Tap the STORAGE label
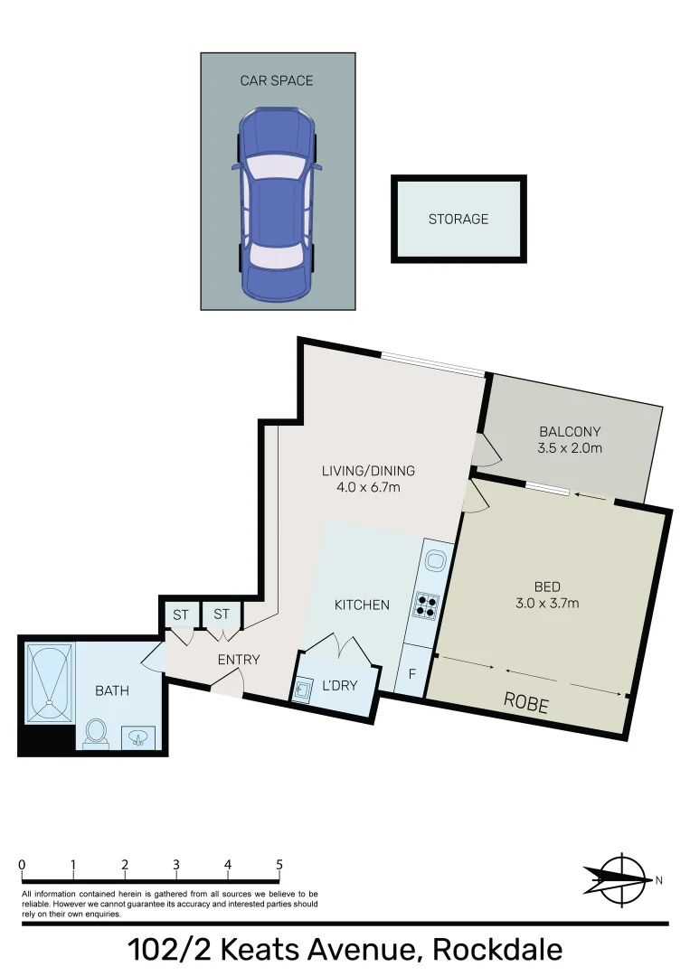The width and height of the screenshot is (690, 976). pyautogui.click(x=458, y=219)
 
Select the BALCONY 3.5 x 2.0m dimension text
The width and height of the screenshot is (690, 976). pyautogui.click(x=570, y=447)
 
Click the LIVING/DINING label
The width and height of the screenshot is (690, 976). pyautogui.click(x=368, y=470)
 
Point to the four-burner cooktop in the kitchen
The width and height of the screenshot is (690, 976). pyautogui.click(x=428, y=605)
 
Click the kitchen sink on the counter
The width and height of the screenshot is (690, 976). pyautogui.click(x=435, y=560)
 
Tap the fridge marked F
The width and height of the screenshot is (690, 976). pyautogui.click(x=412, y=674)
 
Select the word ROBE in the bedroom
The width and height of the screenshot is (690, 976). pyautogui.click(x=526, y=704)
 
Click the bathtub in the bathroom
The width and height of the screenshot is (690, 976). pyautogui.click(x=49, y=682)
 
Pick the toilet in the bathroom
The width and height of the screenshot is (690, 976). pyautogui.click(x=96, y=733)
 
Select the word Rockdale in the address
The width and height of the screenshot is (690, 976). pyautogui.click(x=497, y=950)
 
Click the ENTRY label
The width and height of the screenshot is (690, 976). pyautogui.click(x=239, y=660)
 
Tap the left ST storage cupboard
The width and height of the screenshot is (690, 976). pyautogui.click(x=181, y=615)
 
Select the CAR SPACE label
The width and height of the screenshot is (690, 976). pyautogui.click(x=276, y=80)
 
